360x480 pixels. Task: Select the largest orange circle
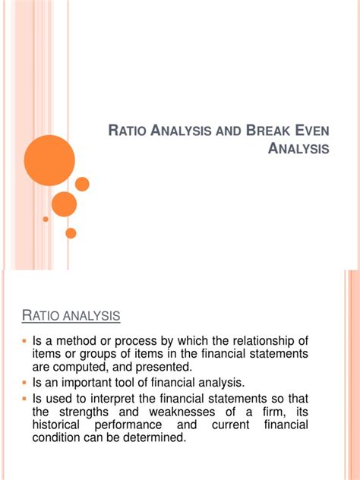point(49,159)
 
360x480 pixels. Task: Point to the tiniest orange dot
point(46,219)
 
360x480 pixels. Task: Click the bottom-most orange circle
point(71,233)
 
